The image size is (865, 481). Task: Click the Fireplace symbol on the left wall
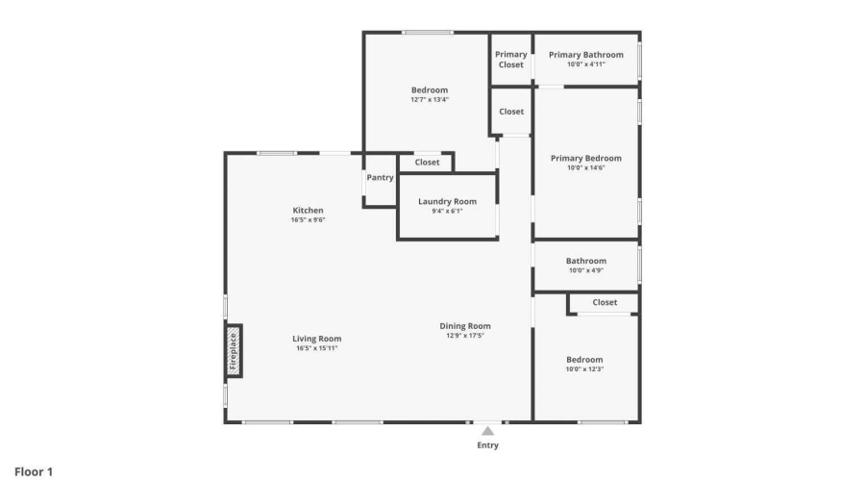pos(234,351)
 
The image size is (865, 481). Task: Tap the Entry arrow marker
pos(487,431)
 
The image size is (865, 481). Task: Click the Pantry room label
pos(380,177)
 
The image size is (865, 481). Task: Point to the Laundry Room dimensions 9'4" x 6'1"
pos(447,211)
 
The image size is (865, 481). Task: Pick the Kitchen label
pos(308,210)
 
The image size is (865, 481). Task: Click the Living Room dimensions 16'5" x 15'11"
pos(316,348)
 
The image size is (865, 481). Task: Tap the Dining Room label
pos(465,326)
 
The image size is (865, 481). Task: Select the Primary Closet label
pos(511,59)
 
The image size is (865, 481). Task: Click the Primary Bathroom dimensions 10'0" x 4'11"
pos(586,64)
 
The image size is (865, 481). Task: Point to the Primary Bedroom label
pos(586,158)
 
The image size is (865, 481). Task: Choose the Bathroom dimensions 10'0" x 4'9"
pos(586,270)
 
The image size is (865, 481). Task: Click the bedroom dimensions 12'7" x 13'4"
pos(430,99)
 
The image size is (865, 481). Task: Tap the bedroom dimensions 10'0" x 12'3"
pos(584,368)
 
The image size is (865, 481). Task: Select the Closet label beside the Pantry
pos(427,163)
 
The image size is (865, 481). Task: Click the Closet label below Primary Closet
pos(511,112)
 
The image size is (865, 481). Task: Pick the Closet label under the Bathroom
pos(605,302)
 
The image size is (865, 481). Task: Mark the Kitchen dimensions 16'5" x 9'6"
pos(308,219)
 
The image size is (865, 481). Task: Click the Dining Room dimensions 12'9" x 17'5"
pos(465,335)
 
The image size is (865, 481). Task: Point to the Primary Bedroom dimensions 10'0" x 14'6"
pos(586,167)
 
